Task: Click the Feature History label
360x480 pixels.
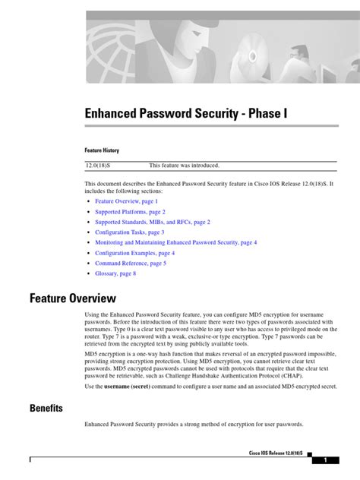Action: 102,150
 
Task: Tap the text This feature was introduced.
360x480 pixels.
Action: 184,165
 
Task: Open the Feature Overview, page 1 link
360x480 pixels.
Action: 126,201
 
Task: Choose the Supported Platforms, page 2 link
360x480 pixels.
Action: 130,212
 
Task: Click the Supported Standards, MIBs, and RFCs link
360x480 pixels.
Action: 153,222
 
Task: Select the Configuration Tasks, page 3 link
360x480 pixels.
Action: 128,232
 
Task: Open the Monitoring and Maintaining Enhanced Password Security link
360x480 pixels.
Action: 175,242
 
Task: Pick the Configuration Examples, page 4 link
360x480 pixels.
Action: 134,253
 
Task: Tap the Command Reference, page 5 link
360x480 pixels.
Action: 130,263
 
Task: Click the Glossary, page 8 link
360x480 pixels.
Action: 115,273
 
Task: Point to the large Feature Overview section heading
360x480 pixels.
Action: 73,298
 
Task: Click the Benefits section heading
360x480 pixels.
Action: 46,408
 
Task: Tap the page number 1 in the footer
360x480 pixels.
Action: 325,460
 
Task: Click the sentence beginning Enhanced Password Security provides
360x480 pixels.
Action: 194,424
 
